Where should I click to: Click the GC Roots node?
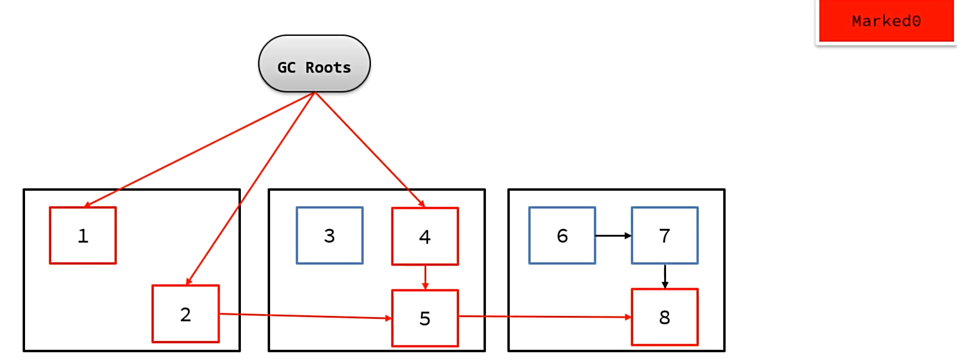[x=314, y=64]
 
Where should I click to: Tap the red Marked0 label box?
[x=886, y=21]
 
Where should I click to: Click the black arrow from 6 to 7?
[x=614, y=235]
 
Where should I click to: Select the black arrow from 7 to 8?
[x=665, y=277]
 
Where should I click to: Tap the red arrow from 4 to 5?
[x=425, y=278]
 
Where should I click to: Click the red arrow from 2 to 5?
[x=305, y=316]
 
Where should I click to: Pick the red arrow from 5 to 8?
[x=545, y=317]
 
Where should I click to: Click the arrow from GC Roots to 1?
[x=199, y=150]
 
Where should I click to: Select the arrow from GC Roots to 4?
[x=370, y=150]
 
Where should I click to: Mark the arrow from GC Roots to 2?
[x=250, y=189]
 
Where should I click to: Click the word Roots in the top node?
[x=328, y=67]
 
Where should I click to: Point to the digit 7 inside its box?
[x=664, y=236]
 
